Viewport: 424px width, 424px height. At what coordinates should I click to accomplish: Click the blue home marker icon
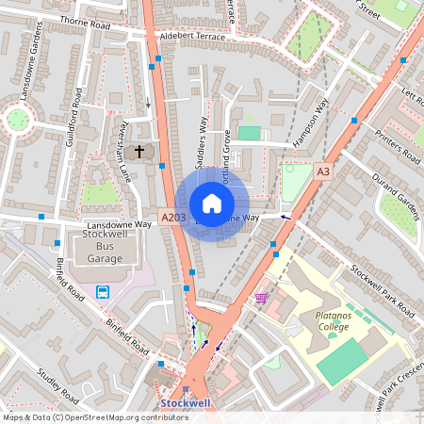(x=212, y=204)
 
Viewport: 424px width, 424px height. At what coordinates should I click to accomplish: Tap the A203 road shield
(x=173, y=218)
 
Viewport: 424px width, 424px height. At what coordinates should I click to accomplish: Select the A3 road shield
(x=323, y=171)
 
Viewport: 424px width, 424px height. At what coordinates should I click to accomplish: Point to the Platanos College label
(x=327, y=321)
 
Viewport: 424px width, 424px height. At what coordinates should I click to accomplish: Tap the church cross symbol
(x=140, y=151)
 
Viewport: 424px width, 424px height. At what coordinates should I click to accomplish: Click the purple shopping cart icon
(x=260, y=298)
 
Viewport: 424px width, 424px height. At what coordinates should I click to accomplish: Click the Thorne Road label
(x=86, y=20)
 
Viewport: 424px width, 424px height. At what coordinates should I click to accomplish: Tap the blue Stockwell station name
(x=185, y=402)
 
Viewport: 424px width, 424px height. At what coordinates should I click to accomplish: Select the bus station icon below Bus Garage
(x=103, y=291)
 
